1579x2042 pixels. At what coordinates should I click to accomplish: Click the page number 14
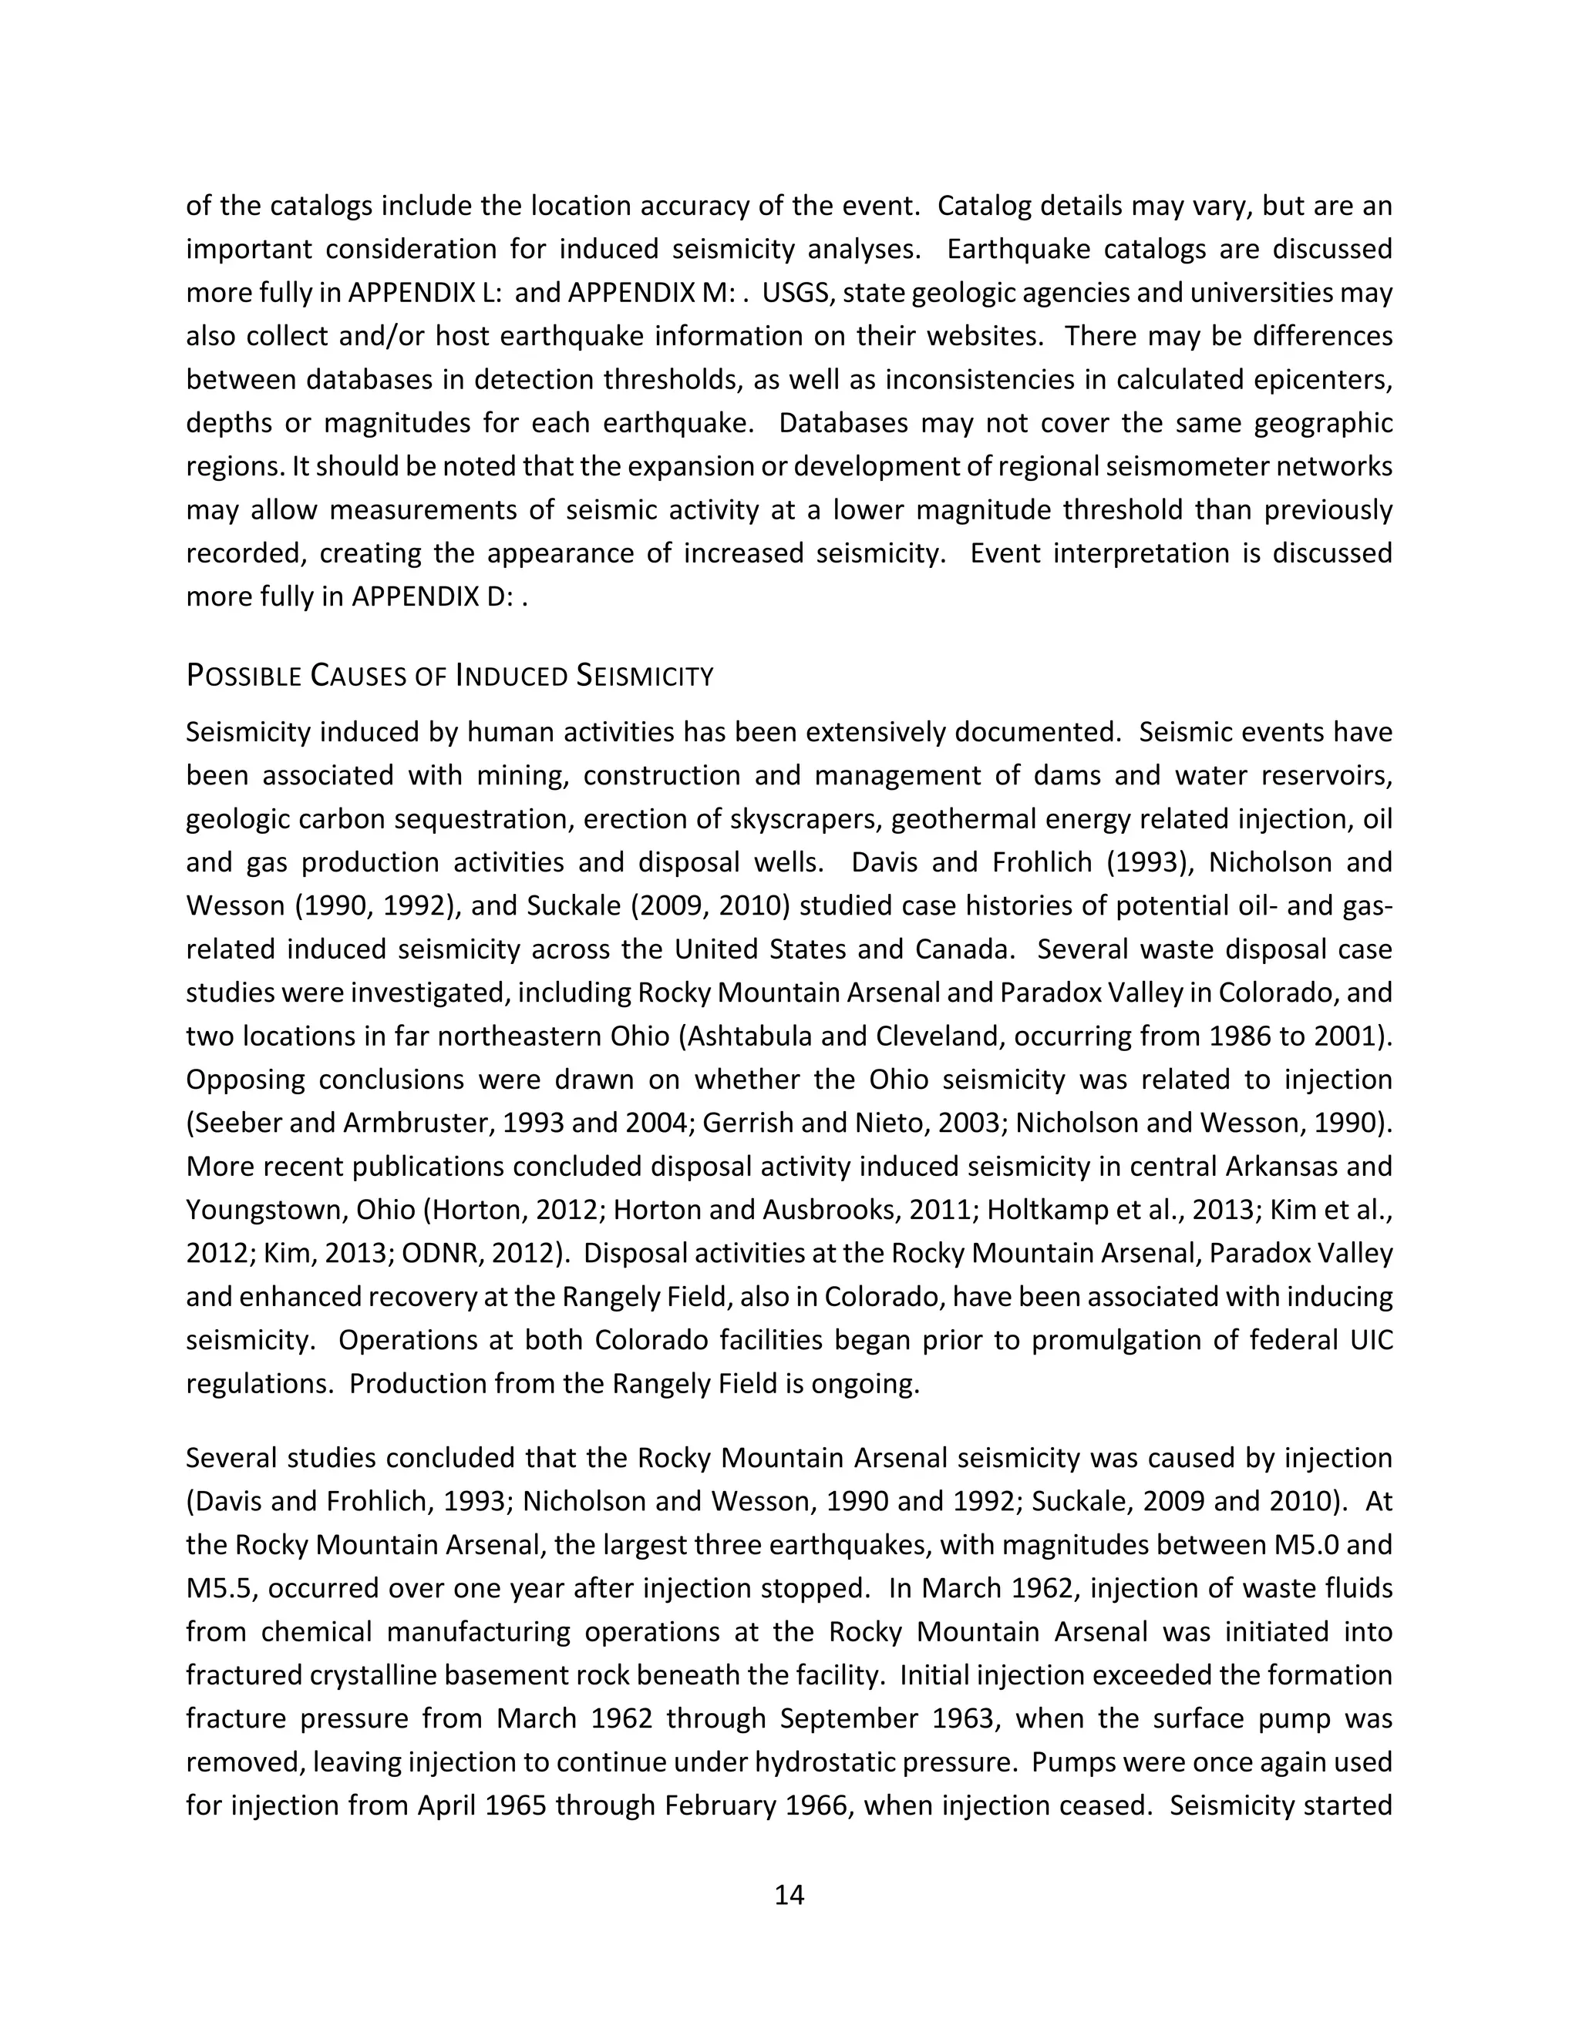click(x=789, y=1894)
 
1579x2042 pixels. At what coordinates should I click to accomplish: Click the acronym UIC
click(x=1369, y=1340)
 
